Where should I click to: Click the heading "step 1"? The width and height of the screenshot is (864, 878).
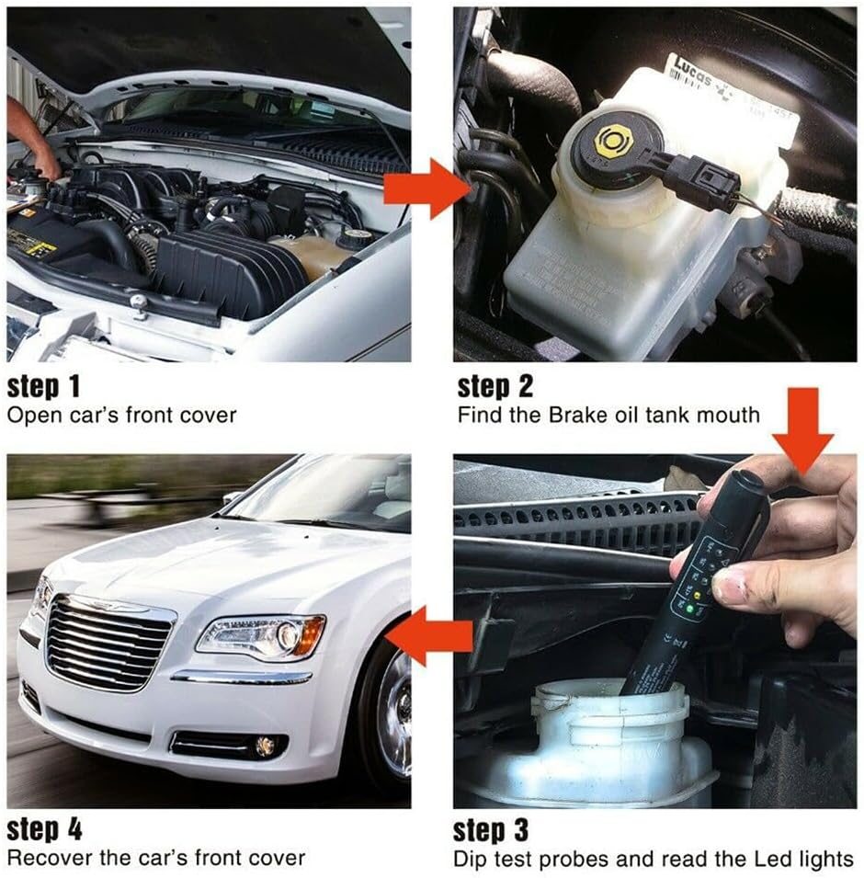(x=43, y=385)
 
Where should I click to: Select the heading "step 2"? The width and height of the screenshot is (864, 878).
(x=495, y=385)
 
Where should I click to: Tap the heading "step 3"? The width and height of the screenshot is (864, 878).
(x=492, y=830)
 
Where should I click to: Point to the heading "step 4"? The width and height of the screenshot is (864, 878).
(x=45, y=830)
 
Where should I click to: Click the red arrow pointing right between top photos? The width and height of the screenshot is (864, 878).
(x=426, y=188)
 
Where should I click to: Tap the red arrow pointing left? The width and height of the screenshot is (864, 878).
(x=433, y=635)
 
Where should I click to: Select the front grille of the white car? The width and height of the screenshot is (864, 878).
(x=108, y=644)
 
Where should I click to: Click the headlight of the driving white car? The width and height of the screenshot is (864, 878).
(x=262, y=635)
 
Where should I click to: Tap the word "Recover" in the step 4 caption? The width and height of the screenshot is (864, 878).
(x=46, y=859)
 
